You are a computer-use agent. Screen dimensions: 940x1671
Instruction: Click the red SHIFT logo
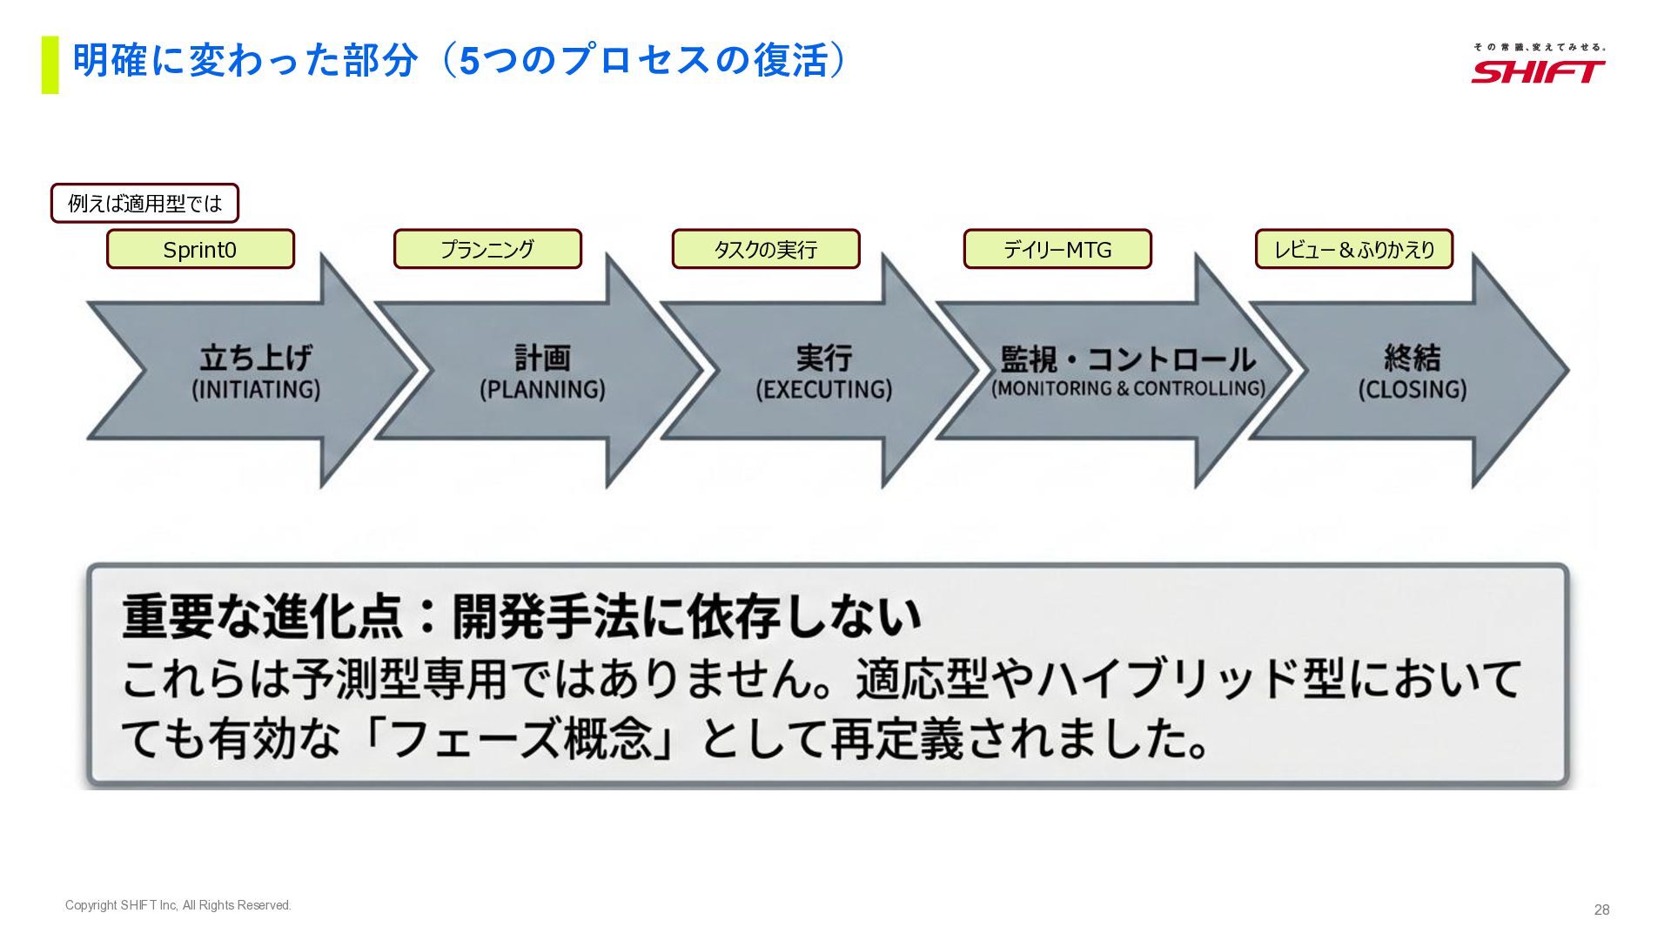click(x=1538, y=70)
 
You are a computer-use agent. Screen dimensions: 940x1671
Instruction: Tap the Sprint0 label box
click(x=200, y=250)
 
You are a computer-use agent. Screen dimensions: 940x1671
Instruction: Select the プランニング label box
click(x=487, y=250)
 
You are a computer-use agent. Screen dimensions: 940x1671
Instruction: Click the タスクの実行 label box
click(x=766, y=250)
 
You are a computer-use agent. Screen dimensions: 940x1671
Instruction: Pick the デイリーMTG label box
click(x=1057, y=250)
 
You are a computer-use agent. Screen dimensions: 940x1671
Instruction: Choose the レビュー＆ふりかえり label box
click(x=1354, y=250)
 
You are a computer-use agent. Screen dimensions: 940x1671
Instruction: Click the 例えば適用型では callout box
click(x=144, y=204)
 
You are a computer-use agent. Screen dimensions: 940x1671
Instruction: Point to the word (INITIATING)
click(x=256, y=389)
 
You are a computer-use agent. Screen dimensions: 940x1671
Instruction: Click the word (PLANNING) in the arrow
click(x=542, y=389)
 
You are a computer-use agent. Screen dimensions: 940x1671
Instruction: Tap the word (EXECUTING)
click(x=824, y=389)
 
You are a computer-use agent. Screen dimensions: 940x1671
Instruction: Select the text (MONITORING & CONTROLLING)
click(x=1128, y=388)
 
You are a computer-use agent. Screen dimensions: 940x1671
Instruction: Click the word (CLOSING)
click(x=1413, y=389)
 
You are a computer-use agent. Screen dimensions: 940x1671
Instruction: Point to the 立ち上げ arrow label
click(x=256, y=358)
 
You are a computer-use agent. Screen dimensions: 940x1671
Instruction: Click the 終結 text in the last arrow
click(x=1413, y=358)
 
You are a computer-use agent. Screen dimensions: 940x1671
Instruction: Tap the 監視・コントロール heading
click(x=1128, y=359)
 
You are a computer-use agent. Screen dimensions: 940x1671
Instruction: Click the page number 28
click(x=1601, y=910)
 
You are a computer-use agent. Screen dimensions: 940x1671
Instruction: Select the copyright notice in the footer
click(x=178, y=905)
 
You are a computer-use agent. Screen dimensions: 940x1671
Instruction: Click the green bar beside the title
click(x=50, y=64)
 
